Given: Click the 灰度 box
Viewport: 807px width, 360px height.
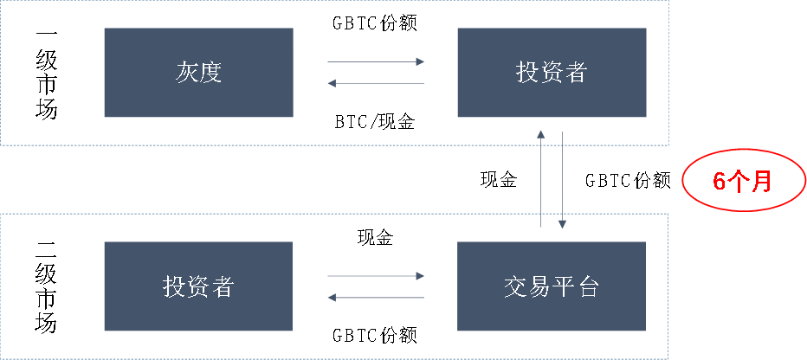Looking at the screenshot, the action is [198, 73].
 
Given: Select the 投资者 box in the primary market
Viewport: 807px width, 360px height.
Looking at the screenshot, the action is [552, 73].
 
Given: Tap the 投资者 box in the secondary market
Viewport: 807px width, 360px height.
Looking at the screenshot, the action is [198, 286].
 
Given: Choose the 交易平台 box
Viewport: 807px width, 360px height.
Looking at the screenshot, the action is [552, 286].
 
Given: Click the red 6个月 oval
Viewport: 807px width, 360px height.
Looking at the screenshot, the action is [743, 181].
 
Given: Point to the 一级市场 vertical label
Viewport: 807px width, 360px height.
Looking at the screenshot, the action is [46, 75].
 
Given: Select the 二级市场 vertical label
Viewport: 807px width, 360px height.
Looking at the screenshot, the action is [46, 288].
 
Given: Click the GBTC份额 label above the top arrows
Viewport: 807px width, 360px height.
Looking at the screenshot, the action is [375, 23].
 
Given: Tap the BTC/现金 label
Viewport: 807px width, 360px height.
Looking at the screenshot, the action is [375, 121].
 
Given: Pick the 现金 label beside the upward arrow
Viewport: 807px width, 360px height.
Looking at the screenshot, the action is [498, 179].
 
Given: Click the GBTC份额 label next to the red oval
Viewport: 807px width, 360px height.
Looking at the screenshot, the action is [628, 181].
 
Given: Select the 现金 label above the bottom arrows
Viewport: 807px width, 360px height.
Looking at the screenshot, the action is [375, 237].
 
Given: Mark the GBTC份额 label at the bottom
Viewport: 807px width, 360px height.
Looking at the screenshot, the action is [375, 335].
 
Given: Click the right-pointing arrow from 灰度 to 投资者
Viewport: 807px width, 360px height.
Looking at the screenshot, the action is [376, 61].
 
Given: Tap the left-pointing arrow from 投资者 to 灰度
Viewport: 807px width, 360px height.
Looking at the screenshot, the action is [376, 83].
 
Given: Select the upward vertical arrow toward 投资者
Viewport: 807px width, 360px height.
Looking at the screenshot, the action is [540, 178].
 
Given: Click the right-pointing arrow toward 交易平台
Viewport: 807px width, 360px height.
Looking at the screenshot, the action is [376, 276].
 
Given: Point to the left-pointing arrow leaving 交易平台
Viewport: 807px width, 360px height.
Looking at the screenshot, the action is [376, 297].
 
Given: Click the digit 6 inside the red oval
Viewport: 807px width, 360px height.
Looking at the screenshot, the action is [719, 182].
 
